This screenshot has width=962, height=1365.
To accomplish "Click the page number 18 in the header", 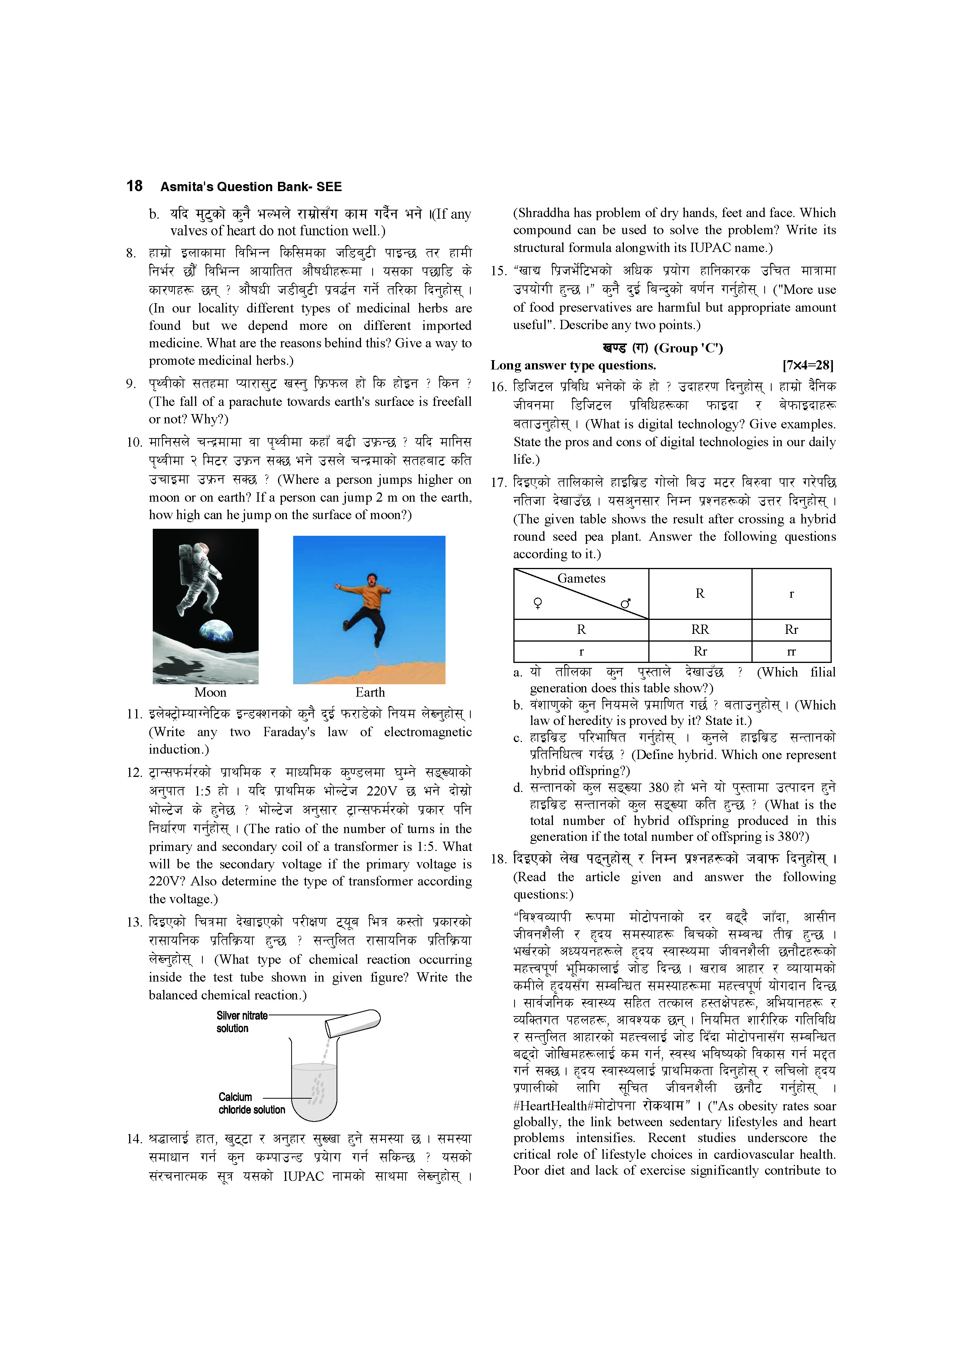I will (135, 186).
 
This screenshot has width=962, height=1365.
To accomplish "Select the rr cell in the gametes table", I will (791, 652).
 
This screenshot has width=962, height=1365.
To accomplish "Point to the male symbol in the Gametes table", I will (625, 604).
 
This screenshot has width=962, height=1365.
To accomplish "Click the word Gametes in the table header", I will (581, 578).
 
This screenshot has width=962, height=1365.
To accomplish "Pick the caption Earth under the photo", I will (370, 693).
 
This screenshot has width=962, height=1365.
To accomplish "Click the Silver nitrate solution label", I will (242, 1022).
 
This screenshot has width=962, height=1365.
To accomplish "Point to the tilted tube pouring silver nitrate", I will (352, 1023).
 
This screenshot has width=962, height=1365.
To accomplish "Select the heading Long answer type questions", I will (573, 365).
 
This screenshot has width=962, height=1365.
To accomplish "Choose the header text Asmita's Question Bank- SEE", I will (251, 187).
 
